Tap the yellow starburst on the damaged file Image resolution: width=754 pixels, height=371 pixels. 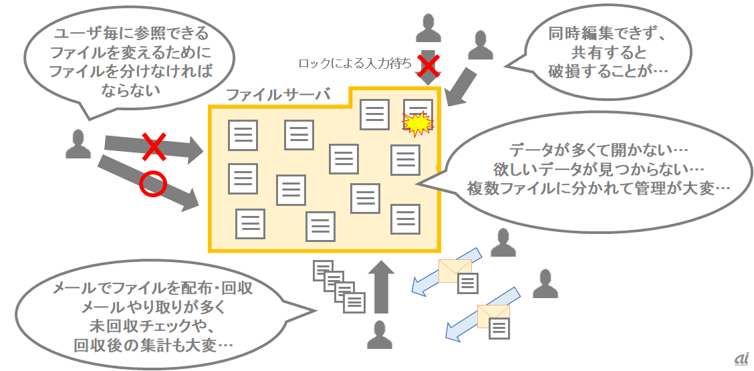tap(418, 124)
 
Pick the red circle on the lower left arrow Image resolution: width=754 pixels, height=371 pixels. tap(151, 184)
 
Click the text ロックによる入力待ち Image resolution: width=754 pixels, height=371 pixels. tap(354, 64)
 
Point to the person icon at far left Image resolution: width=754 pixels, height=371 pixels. tap(78, 144)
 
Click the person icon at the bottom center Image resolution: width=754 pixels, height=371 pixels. tap(380, 336)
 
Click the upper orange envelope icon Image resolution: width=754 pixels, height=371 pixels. tap(454, 269)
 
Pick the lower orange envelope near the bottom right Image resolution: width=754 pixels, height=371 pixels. tap(493, 316)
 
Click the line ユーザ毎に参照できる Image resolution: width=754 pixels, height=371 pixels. tap(131, 33)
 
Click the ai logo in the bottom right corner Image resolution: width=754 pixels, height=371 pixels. tap(740, 359)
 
